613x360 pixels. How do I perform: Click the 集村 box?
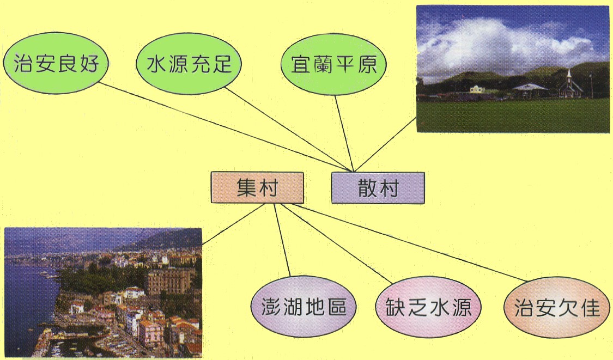point(257,187)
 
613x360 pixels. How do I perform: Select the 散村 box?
point(378,188)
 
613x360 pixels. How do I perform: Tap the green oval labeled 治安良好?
point(56,63)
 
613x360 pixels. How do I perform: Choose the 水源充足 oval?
point(189,63)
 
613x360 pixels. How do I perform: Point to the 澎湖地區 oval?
point(304,307)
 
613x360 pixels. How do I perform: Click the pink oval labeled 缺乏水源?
point(428,307)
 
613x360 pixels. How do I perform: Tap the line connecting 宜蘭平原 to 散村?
point(344,133)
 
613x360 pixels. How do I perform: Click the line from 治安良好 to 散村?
point(225,127)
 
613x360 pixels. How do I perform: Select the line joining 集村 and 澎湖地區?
point(282,240)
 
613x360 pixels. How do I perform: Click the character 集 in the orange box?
point(246,187)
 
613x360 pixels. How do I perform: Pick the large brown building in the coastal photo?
point(171,281)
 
